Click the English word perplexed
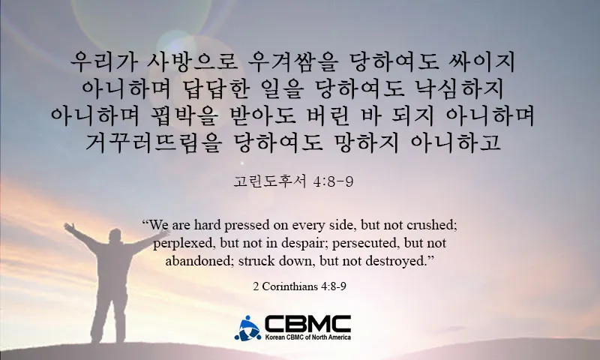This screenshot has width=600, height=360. coord(181,244)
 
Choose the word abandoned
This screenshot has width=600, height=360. coord(193,262)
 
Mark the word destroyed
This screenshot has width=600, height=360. coord(402,262)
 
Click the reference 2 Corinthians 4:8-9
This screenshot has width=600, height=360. coord(299,286)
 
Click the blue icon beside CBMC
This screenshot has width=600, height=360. coord(247,328)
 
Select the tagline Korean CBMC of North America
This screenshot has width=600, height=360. coord(307,337)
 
